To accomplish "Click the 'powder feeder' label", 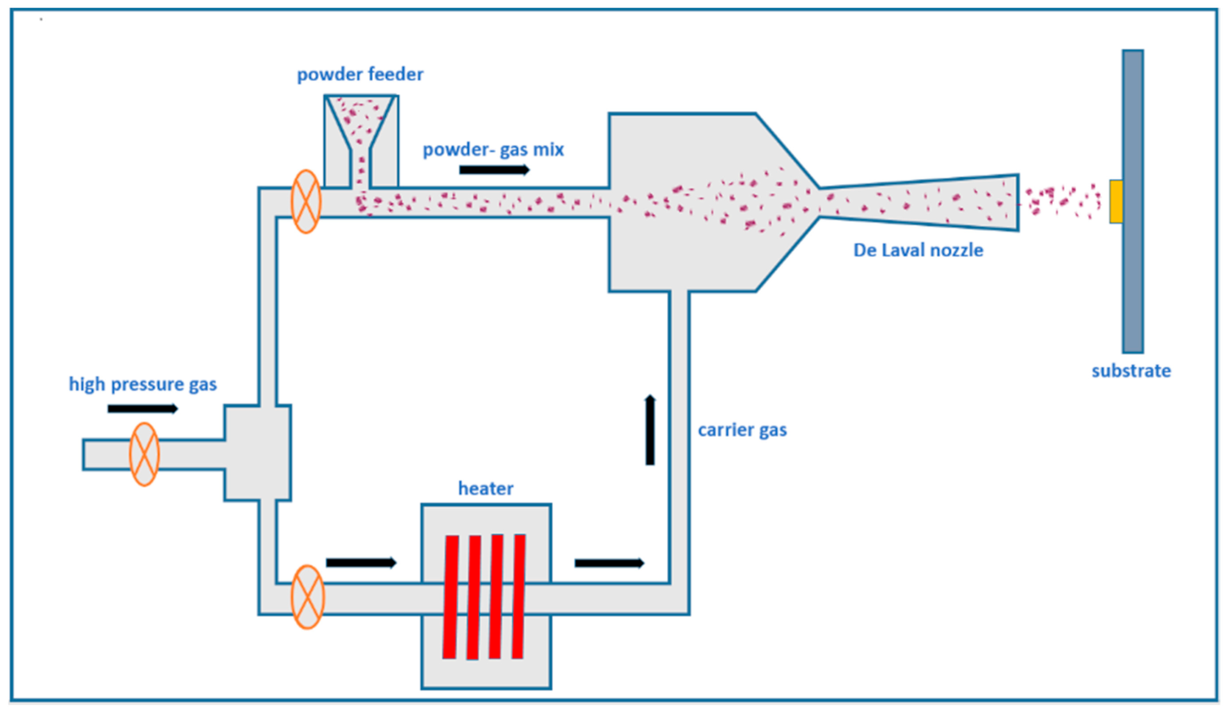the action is pyautogui.click(x=360, y=75).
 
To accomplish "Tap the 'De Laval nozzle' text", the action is pyautogui.click(x=918, y=250).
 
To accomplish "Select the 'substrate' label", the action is pyautogui.click(x=1131, y=371).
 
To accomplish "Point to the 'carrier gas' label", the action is pyautogui.click(x=742, y=430).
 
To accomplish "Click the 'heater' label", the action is pyautogui.click(x=485, y=488).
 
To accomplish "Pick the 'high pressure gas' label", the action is pyautogui.click(x=143, y=384).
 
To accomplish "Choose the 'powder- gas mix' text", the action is pyautogui.click(x=493, y=149).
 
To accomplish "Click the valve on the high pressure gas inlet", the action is pyautogui.click(x=144, y=454).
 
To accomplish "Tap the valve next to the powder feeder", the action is pyautogui.click(x=306, y=202).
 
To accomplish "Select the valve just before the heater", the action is pyautogui.click(x=308, y=597).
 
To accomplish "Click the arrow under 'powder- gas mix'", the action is pyautogui.click(x=494, y=170).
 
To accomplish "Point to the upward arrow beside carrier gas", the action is pyautogui.click(x=650, y=429).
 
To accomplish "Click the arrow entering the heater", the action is pyautogui.click(x=361, y=562).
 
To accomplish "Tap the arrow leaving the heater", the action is pyautogui.click(x=610, y=563).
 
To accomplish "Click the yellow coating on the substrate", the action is pyautogui.click(x=1117, y=202).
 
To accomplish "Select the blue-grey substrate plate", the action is pyautogui.click(x=1133, y=201).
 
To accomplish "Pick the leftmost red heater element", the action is pyautogui.click(x=451, y=597).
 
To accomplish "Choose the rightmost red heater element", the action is pyautogui.click(x=519, y=596).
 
